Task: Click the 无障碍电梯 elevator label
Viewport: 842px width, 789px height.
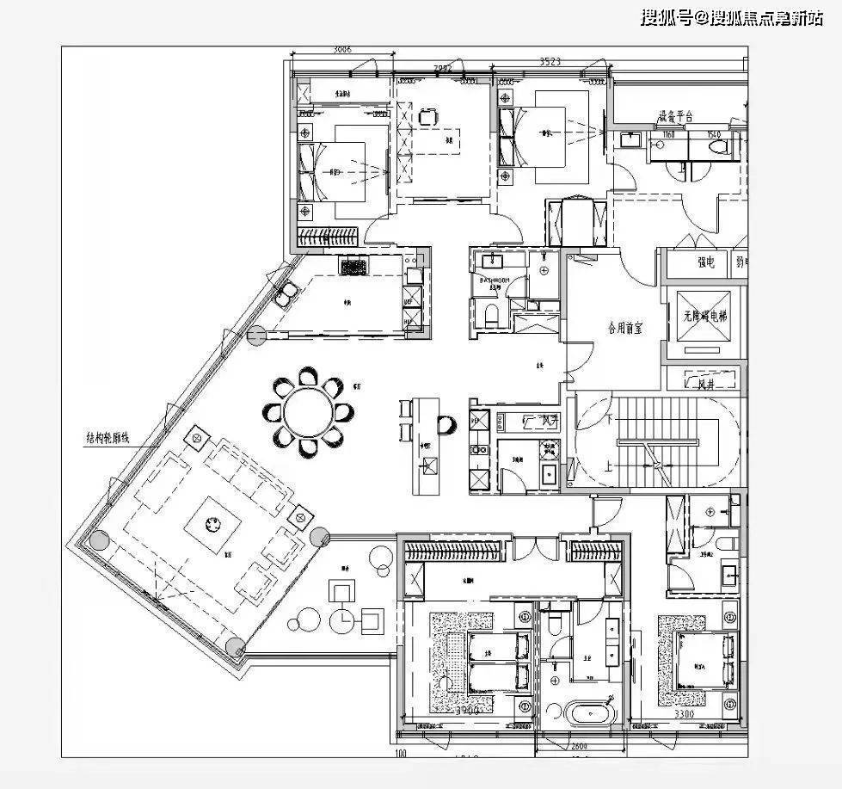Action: pos(704,317)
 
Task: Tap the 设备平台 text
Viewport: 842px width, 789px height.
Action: pos(675,116)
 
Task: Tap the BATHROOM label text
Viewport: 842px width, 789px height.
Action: pos(495,281)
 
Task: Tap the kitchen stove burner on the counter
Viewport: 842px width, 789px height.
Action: pos(353,266)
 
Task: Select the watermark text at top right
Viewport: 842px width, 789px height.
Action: pos(731,18)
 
